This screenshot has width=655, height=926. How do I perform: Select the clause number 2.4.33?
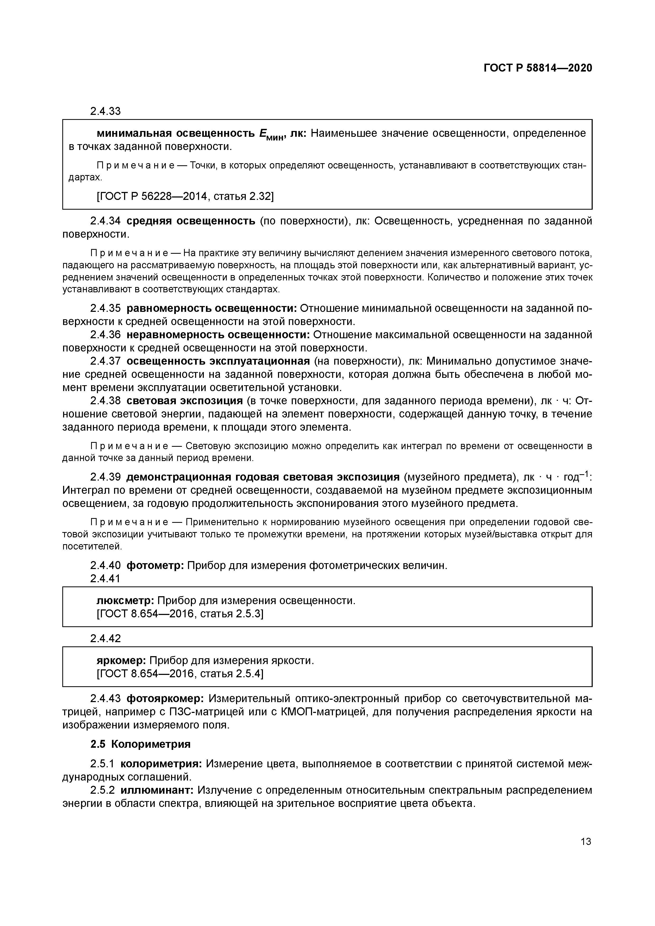pos(105,111)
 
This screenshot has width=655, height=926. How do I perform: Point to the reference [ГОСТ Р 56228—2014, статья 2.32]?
pos(185,196)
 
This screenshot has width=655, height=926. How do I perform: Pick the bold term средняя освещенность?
pos(191,221)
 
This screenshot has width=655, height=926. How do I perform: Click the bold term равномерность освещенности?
pos(211,308)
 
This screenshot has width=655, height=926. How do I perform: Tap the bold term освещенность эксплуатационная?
pos(218,361)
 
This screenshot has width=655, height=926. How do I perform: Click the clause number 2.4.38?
pos(105,401)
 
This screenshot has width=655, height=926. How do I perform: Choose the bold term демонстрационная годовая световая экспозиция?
pos(263,477)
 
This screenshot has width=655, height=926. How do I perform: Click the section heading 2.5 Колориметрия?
pos(140,744)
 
